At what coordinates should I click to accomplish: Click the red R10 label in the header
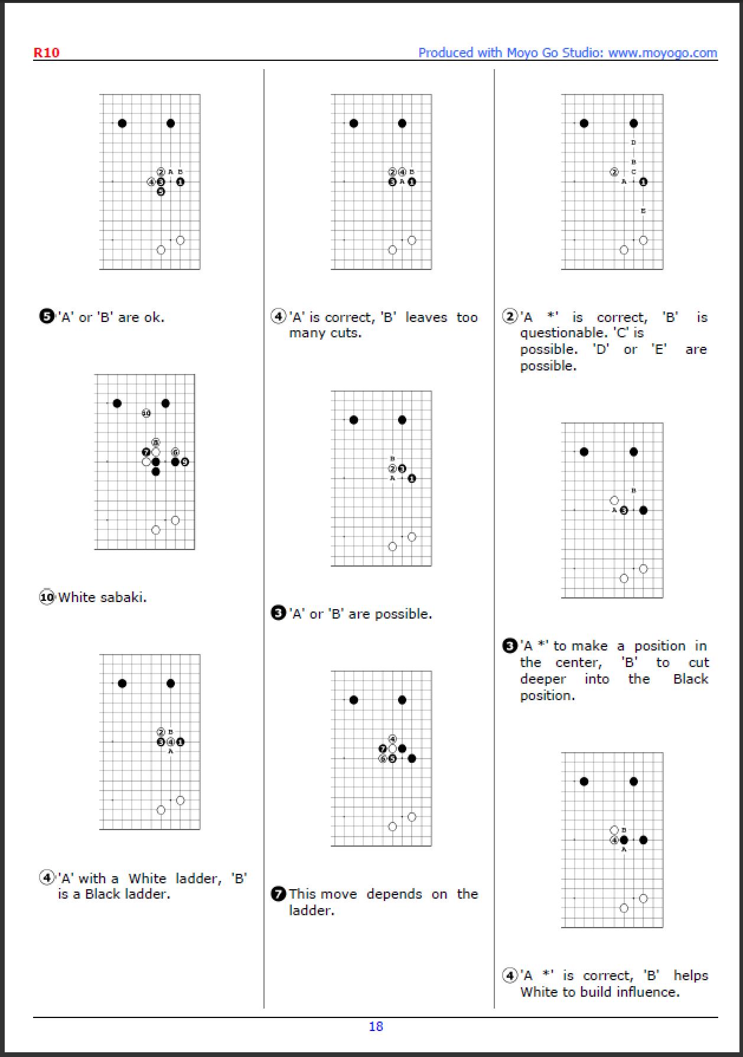(46, 53)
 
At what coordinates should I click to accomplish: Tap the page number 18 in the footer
(376, 1026)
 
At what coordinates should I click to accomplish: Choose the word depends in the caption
(394, 894)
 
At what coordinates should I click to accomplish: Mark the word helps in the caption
(690, 975)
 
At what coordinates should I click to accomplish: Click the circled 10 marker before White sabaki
(47, 597)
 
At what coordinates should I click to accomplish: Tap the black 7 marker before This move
(278, 894)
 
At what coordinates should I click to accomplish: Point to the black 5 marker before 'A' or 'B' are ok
(47, 317)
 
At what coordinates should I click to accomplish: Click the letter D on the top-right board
(634, 142)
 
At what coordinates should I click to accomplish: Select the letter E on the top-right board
(643, 211)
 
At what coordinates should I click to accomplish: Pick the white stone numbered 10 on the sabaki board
(146, 413)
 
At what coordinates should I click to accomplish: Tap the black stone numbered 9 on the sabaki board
(185, 461)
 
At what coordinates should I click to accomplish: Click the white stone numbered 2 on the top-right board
(614, 172)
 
